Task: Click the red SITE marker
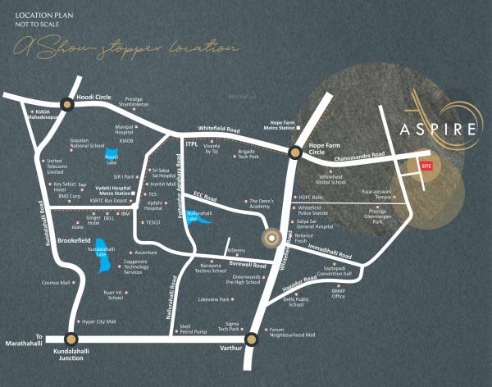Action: point(426,166)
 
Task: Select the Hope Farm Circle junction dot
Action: point(294,152)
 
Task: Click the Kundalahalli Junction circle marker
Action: point(72,338)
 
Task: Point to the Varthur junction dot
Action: point(251,338)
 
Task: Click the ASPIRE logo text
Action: point(438,129)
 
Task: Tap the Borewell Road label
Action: point(247,266)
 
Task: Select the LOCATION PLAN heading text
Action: point(34,14)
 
